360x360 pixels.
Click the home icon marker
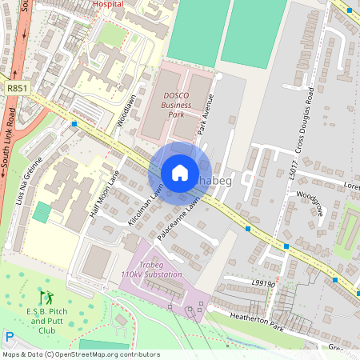[x=180, y=173]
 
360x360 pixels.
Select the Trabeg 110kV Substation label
[x=151, y=270]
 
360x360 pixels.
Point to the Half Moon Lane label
[x=104, y=198]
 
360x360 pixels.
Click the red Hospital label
[x=108, y=4]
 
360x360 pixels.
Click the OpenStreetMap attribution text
[x=80, y=354]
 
